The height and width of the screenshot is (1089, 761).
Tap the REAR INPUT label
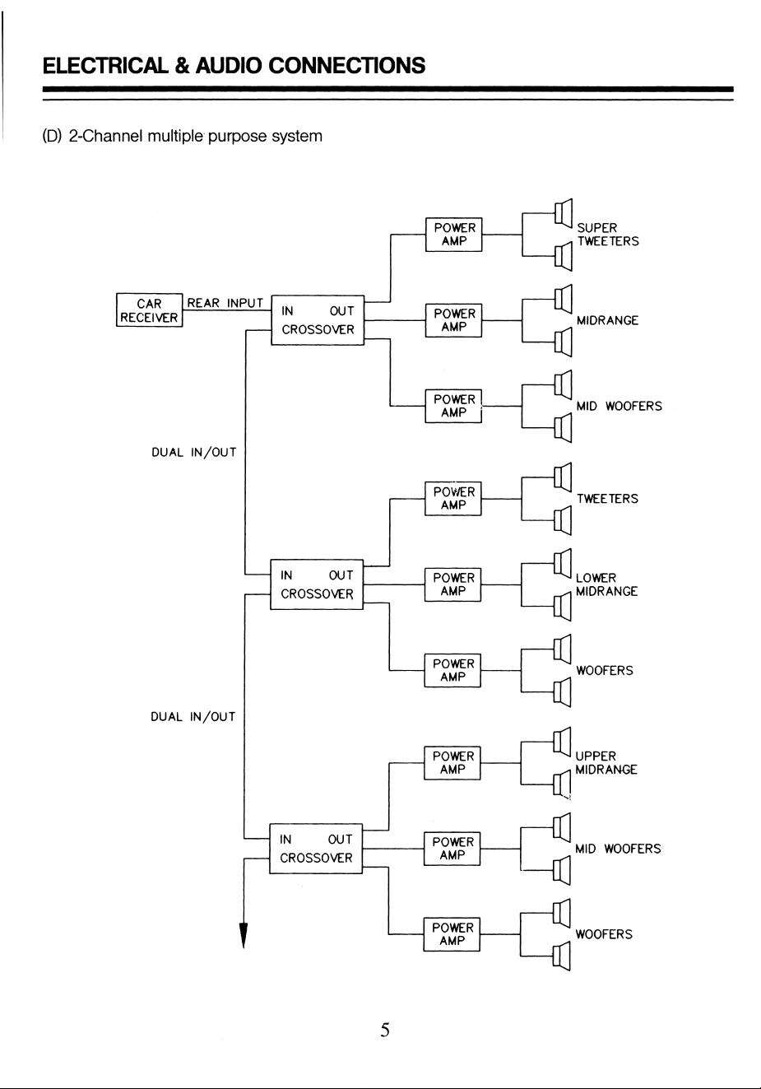[x=225, y=303]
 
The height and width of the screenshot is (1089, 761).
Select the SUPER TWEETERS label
[x=607, y=235]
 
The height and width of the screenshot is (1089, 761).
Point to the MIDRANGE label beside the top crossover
[x=607, y=320]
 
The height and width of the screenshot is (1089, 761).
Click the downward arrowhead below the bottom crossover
[x=244, y=935]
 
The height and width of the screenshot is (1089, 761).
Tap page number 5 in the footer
[x=385, y=1030]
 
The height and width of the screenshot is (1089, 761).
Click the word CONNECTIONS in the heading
[x=347, y=65]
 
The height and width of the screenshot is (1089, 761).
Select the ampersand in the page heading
[x=182, y=65]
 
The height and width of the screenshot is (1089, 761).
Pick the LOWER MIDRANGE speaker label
[x=606, y=584]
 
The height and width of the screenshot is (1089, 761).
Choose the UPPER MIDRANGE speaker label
[x=606, y=763]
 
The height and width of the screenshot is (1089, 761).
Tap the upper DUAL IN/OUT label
[x=194, y=453]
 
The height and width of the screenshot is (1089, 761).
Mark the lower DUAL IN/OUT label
[x=193, y=717]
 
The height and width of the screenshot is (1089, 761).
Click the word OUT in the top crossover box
[x=341, y=311]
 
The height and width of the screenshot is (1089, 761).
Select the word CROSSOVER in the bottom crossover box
[x=316, y=858]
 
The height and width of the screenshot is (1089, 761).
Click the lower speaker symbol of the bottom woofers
[x=561, y=956]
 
